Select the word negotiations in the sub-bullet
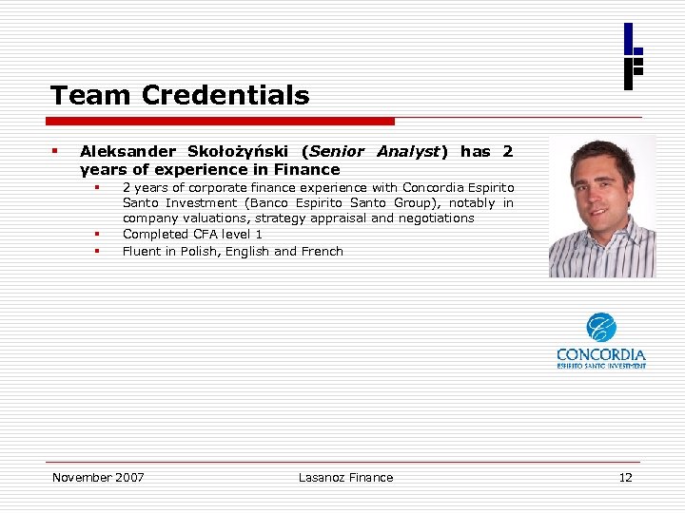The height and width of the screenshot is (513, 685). [x=436, y=218]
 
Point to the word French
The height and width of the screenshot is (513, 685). [x=322, y=252]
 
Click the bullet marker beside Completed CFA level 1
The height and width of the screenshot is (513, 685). [x=97, y=235]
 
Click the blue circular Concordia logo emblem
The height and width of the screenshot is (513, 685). [x=601, y=328]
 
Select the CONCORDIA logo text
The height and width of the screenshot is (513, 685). [x=601, y=355]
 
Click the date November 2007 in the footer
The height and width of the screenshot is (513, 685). [x=98, y=477]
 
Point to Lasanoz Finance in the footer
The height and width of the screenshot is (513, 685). [x=345, y=477]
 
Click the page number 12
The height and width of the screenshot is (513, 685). [x=625, y=477]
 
